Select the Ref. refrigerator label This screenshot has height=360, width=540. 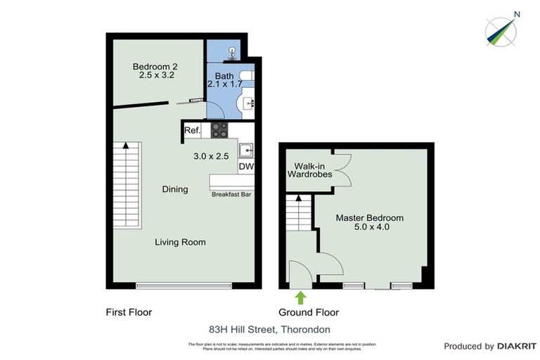[193, 131]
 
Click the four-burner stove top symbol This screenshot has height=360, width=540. [219, 130]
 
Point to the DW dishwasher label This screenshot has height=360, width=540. [245, 167]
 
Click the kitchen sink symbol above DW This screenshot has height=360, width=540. [246, 150]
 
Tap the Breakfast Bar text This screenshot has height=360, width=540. [231, 194]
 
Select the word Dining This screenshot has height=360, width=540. [175, 189]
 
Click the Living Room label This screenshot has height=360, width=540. [181, 242]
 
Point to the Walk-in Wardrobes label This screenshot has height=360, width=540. [309, 170]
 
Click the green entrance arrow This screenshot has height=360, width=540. [300, 297]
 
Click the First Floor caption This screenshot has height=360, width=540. [129, 312]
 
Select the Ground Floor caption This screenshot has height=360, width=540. [309, 312]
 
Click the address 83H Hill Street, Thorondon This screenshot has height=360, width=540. [269, 328]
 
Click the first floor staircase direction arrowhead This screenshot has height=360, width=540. [126, 146]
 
